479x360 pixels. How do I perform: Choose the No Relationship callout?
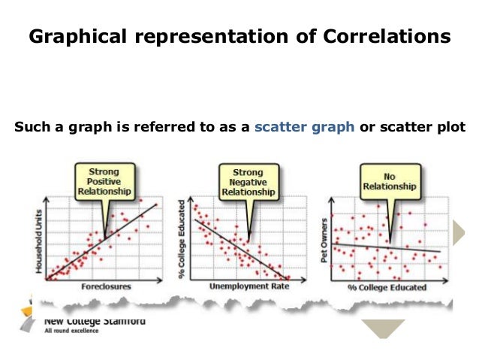(388, 180)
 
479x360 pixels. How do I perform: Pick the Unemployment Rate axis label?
(249, 287)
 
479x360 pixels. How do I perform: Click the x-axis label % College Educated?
(387, 288)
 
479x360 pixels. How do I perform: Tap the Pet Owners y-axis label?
(325, 239)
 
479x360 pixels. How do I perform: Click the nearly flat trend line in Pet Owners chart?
(390, 248)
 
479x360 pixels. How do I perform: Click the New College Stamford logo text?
(93, 320)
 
